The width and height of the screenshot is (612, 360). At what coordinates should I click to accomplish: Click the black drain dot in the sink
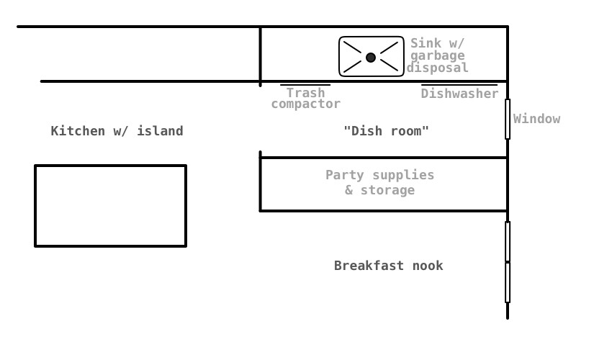[x=371, y=58]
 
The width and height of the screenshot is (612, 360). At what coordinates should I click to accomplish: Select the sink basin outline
[x=341, y=56]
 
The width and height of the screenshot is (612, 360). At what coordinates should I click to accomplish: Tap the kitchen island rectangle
[x=110, y=206]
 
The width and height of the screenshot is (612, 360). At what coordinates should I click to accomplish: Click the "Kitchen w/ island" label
[x=117, y=131]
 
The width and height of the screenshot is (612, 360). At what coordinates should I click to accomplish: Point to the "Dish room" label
[x=386, y=131]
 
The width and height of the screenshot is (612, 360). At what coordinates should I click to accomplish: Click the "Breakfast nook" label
[x=388, y=266]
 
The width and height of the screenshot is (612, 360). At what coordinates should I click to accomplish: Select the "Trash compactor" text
[x=305, y=99]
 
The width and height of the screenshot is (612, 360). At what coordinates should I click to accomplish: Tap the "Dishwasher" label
[x=459, y=94]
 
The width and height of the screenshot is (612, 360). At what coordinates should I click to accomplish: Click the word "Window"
[x=536, y=119]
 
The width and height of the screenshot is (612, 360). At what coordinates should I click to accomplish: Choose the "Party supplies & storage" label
[x=379, y=183]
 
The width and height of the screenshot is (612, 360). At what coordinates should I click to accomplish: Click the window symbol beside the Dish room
[x=508, y=119]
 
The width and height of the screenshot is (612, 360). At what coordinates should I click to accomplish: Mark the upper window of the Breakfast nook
[x=508, y=242]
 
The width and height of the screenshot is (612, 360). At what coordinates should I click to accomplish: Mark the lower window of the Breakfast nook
[x=508, y=282]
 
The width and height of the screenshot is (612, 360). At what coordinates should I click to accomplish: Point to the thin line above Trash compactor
[x=305, y=85]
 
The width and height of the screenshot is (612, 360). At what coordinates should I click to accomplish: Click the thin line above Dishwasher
[x=459, y=85]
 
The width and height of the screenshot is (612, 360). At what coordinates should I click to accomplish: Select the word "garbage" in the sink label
[x=437, y=55]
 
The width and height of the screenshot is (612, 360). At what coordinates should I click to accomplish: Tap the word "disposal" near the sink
[x=437, y=68]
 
